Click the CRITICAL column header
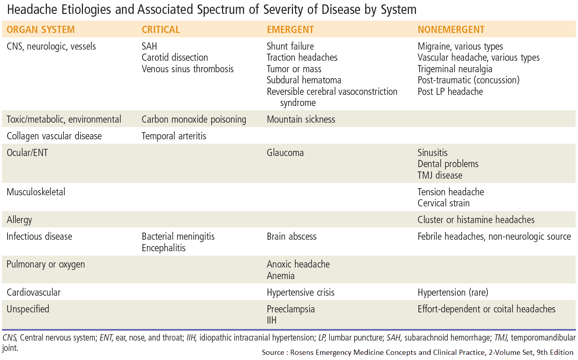click(x=161, y=30)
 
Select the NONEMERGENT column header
click(x=451, y=30)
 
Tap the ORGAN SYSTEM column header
click(x=40, y=30)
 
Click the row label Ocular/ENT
click(x=27, y=153)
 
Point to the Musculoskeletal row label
click(x=36, y=192)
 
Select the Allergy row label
click(x=19, y=220)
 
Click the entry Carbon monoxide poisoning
click(x=194, y=119)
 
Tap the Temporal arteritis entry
click(x=174, y=136)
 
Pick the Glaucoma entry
click(x=285, y=153)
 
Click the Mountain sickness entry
click(x=301, y=119)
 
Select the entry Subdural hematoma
click(x=304, y=80)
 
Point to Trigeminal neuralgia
click(x=455, y=69)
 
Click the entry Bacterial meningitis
click(x=178, y=237)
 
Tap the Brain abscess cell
click(x=291, y=237)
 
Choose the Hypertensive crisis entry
click(x=301, y=293)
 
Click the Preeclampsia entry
click(x=291, y=309)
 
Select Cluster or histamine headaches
click(x=476, y=220)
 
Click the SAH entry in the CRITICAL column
click(x=149, y=46)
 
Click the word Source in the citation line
click(x=273, y=352)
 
